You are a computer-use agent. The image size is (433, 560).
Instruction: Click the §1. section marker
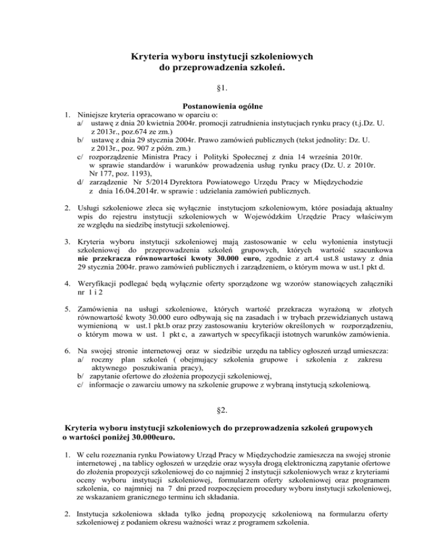pyautogui.click(x=217, y=88)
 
